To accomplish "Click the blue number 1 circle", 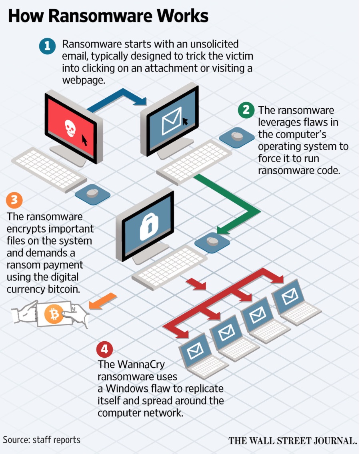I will point(47,46).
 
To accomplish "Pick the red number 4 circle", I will point(104,349).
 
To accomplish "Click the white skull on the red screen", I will point(70,128).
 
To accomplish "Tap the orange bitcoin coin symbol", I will point(52,315).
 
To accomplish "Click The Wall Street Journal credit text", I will point(292,441).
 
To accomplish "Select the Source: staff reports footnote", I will point(42,440).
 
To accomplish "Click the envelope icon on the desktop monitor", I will point(171,121).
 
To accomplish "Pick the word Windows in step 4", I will point(123,389).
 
